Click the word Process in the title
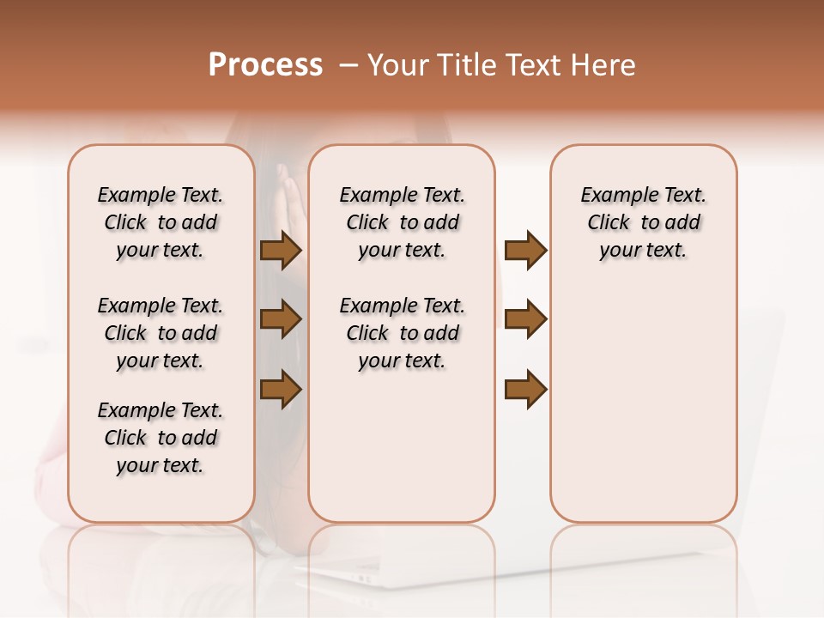[265, 65]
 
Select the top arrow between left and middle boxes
[280, 250]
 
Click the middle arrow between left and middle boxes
[280, 319]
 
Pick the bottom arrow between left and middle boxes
[280, 389]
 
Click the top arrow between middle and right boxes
[525, 250]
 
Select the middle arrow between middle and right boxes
[525, 319]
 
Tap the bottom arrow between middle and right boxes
[525, 389]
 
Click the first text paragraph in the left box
[161, 222]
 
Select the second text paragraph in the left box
[161, 333]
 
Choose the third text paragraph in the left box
[161, 438]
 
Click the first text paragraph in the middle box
[402, 222]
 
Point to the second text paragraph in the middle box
[402, 333]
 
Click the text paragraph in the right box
[643, 222]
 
